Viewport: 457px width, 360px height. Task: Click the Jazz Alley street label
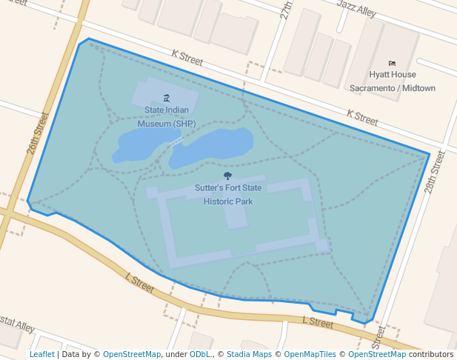click(x=356, y=7)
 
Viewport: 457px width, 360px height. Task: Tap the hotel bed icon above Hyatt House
click(x=392, y=64)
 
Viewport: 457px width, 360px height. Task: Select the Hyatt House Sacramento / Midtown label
click(x=392, y=81)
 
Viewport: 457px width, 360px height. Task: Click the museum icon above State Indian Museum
click(x=166, y=98)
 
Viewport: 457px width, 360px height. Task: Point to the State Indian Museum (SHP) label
click(x=166, y=117)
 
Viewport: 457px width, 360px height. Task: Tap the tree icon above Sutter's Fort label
click(x=227, y=176)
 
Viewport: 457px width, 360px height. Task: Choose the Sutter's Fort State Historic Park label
click(x=228, y=195)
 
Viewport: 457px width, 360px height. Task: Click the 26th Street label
click(x=37, y=133)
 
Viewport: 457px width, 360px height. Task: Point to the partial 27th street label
click(x=287, y=10)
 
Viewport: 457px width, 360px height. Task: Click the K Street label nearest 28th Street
click(x=362, y=116)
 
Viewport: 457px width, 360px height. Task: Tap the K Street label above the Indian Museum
click(x=187, y=54)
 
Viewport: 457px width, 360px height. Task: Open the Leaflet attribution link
click(x=41, y=355)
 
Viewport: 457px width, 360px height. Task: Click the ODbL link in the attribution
click(x=199, y=355)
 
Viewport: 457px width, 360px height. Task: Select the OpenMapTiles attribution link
click(x=312, y=355)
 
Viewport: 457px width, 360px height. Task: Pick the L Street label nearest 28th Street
click(x=318, y=321)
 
